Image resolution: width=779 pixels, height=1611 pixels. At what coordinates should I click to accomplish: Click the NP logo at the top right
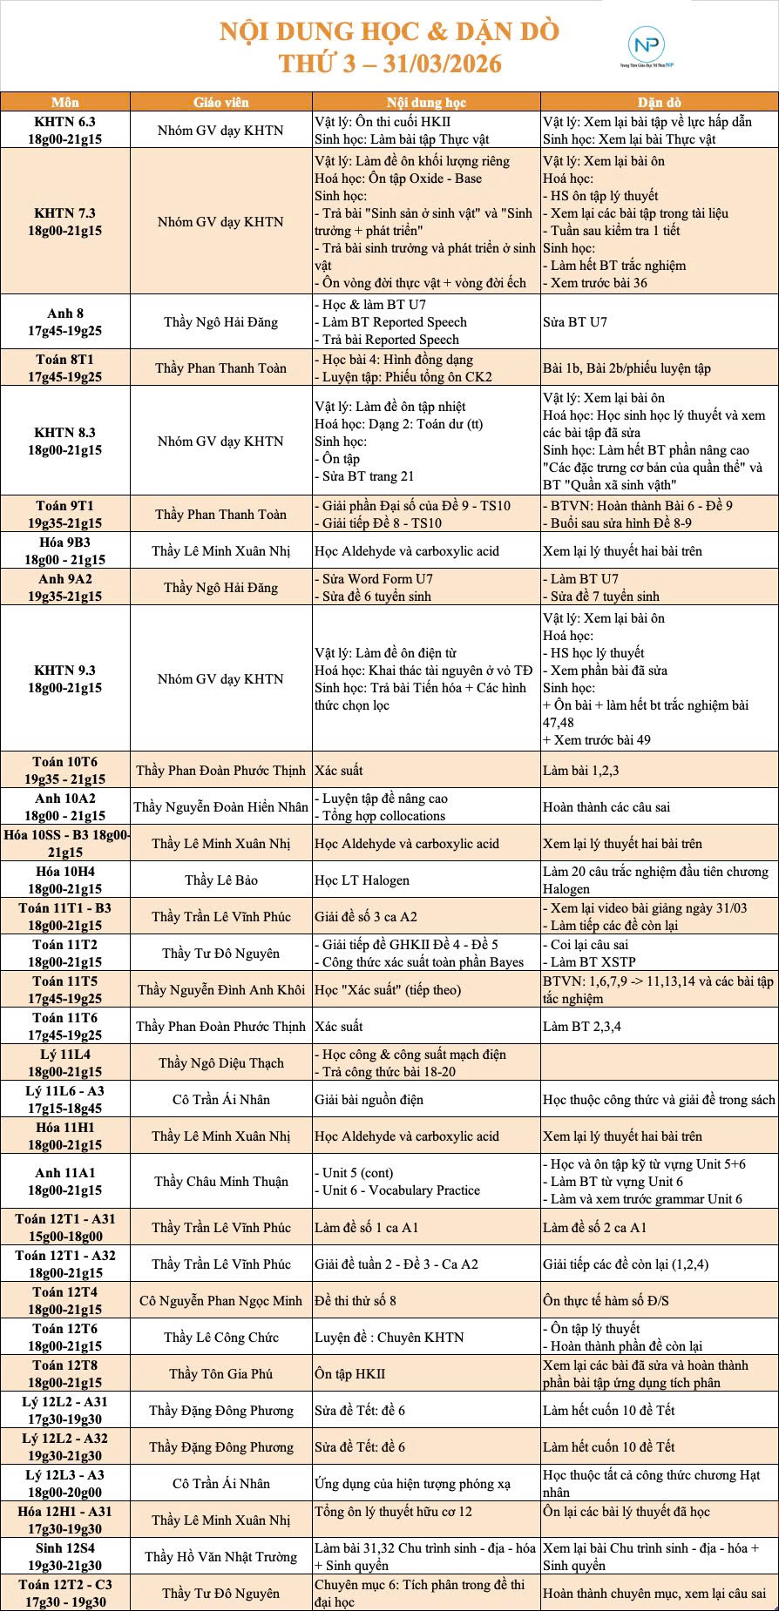[x=646, y=46]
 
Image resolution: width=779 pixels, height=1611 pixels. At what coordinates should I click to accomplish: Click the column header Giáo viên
[x=220, y=102]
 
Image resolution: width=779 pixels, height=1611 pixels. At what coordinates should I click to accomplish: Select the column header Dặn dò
[x=659, y=102]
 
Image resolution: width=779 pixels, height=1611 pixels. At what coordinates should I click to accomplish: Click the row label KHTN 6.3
[x=65, y=131]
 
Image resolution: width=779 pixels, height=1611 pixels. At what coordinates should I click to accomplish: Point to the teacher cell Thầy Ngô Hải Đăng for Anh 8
[x=220, y=322]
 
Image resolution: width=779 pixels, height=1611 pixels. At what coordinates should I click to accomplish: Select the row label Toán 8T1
[x=65, y=368]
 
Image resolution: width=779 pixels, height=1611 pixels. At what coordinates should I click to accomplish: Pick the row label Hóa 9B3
[x=65, y=551]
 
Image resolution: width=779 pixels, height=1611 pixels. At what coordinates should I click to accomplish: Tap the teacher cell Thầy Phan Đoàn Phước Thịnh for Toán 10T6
[x=220, y=771]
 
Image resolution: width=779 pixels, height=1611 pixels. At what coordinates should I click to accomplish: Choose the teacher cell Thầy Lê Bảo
[x=220, y=880]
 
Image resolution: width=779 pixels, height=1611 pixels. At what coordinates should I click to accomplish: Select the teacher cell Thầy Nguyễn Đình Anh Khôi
[x=220, y=990]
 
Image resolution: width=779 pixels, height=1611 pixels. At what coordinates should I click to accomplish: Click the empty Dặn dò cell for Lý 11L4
[x=659, y=1063]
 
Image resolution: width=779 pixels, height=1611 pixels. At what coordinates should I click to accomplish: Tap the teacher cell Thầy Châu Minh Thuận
[x=220, y=1182]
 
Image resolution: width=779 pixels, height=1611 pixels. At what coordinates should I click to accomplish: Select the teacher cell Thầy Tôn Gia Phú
[x=220, y=1374]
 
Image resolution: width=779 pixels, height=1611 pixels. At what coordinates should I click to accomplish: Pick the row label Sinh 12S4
[x=65, y=1557]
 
